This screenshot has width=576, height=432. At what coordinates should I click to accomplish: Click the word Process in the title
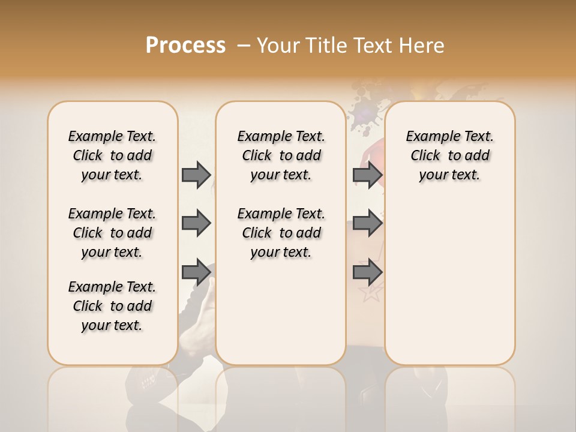click(x=185, y=46)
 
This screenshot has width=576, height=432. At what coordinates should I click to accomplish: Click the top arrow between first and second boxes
click(x=196, y=175)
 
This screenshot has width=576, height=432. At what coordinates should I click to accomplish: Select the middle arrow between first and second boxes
click(x=196, y=223)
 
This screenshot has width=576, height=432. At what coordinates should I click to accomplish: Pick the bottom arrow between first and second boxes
click(x=196, y=272)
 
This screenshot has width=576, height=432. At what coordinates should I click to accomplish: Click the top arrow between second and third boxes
click(x=368, y=175)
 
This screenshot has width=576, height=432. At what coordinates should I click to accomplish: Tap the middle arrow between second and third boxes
click(x=368, y=223)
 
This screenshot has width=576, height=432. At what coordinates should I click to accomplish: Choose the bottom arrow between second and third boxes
click(x=368, y=272)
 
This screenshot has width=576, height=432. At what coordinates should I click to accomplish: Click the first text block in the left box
click(x=112, y=155)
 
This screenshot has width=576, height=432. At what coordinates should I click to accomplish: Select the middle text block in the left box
click(x=112, y=233)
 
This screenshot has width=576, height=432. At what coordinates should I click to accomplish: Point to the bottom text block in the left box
click(x=112, y=306)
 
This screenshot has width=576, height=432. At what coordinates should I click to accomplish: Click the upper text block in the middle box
click(x=281, y=155)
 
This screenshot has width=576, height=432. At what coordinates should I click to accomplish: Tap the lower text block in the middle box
click(x=281, y=233)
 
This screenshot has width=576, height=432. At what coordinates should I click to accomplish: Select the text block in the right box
click(x=449, y=155)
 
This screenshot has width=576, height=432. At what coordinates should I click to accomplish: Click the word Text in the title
click(x=373, y=46)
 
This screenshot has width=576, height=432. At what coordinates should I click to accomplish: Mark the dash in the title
click(x=244, y=46)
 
